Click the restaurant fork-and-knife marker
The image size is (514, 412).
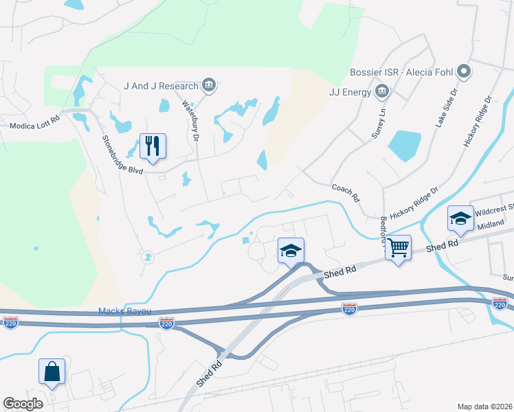click(x=153, y=146)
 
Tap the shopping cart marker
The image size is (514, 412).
click(x=399, y=247)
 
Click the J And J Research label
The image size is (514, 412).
click(x=161, y=86)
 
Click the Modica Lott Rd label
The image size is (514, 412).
click(x=35, y=126)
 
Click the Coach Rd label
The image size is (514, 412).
click(x=346, y=192)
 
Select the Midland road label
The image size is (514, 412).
click(x=491, y=225)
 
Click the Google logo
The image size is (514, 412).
click(x=23, y=404)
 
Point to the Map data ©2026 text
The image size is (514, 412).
click(x=485, y=407)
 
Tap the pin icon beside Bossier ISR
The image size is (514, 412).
click(x=464, y=71)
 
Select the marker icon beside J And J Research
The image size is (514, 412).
click(x=210, y=86)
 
